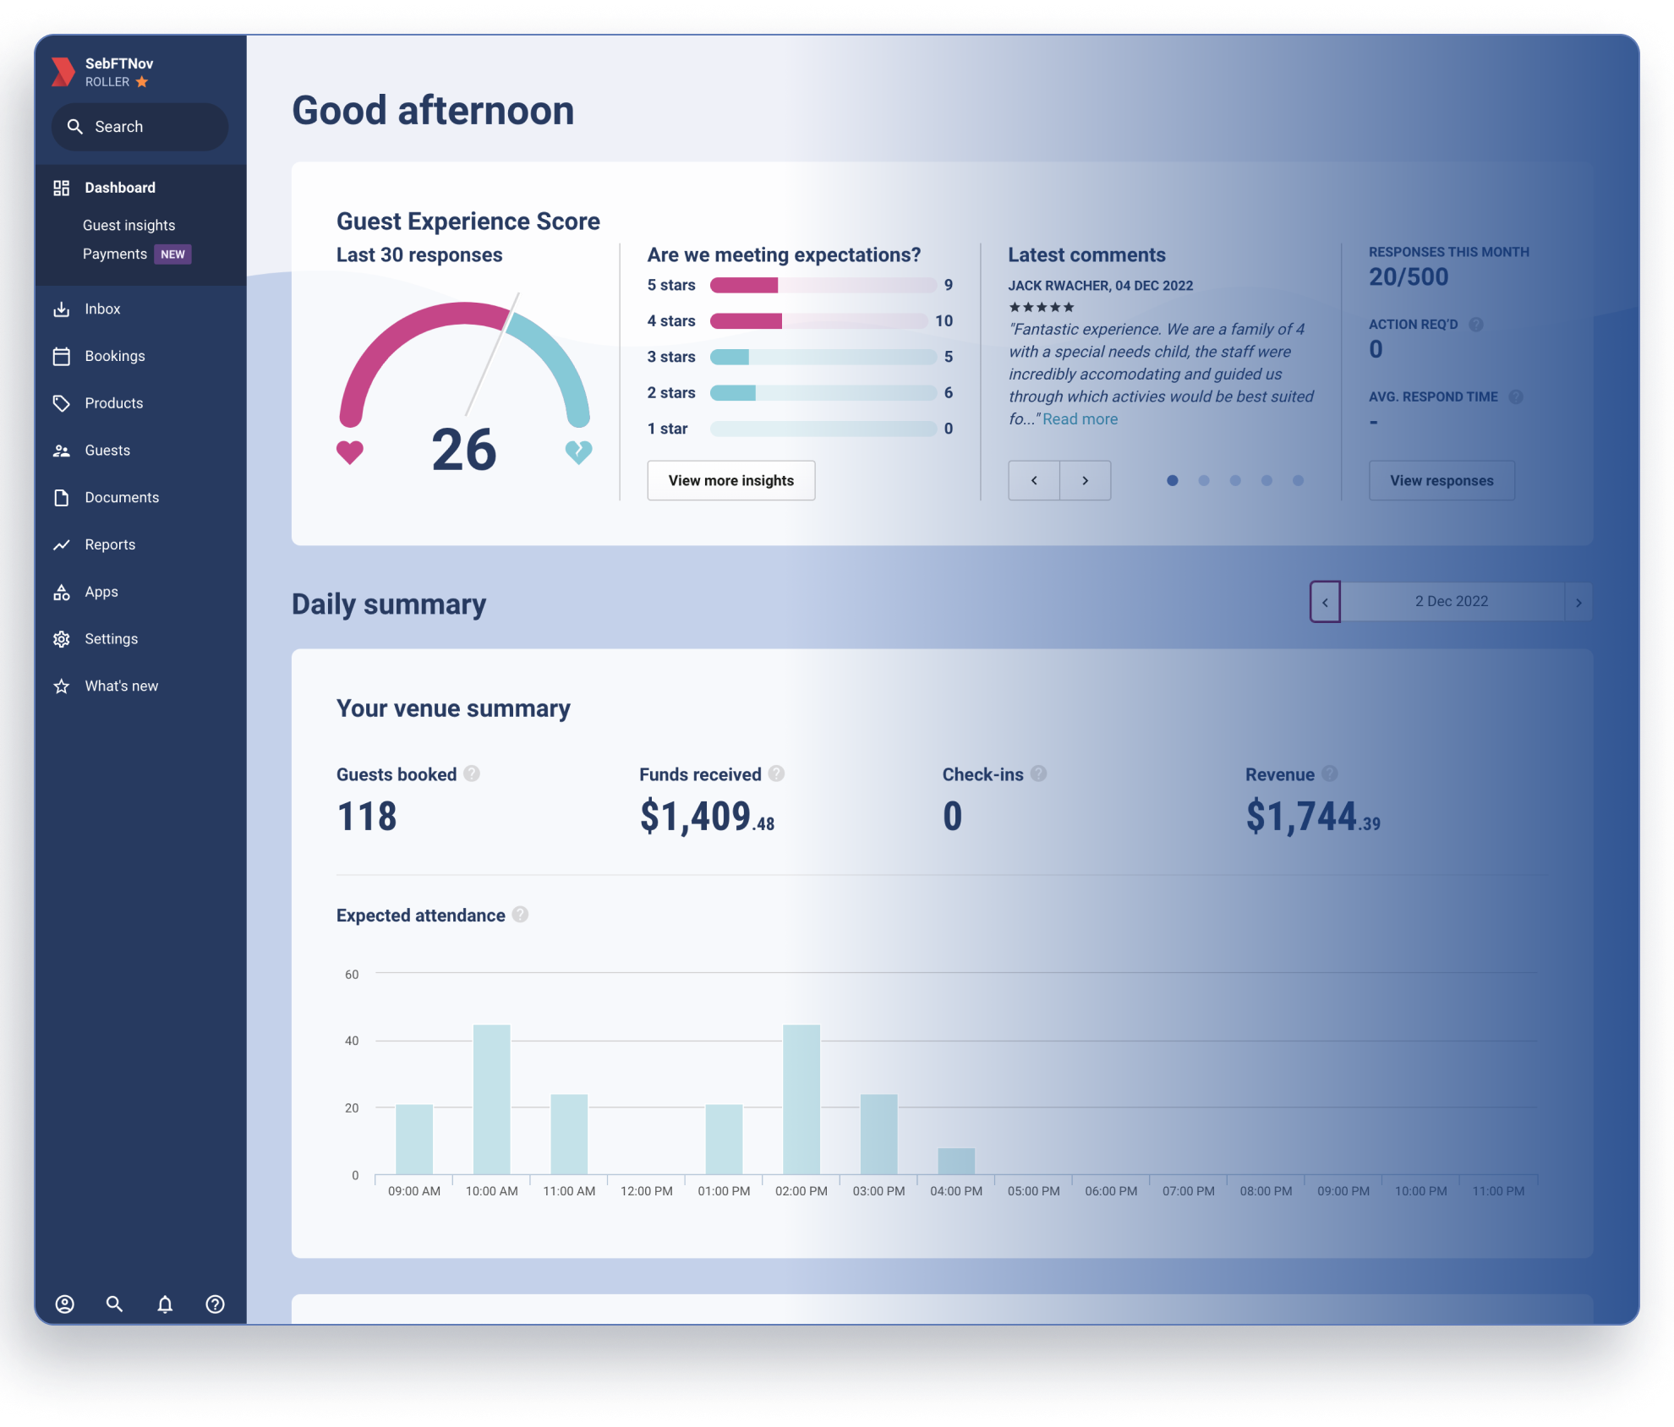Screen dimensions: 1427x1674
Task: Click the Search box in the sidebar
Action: click(x=139, y=127)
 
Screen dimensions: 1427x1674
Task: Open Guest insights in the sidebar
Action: click(x=129, y=225)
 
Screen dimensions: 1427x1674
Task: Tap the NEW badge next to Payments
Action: click(x=172, y=254)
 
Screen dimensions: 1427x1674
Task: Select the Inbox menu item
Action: click(x=102, y=309)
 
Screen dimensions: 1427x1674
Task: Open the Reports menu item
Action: click(x=110, y=544)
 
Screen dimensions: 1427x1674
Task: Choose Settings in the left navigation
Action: click(x=111, y=639)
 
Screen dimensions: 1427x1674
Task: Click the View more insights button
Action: click(x=730, y=480)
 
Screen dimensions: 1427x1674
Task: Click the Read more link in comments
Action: click(x=1080, y=419)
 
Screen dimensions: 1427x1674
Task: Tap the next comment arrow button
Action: click(x=1085, y=480)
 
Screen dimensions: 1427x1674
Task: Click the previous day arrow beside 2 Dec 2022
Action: click(x=1325, y=602)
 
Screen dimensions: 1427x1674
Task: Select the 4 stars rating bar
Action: click(x=818, y=321)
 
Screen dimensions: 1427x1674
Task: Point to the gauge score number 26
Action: click(x=463, y=450)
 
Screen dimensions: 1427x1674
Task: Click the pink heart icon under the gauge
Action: click(x=349, y=452)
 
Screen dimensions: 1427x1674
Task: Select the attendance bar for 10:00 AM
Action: click(x=491, y=1099)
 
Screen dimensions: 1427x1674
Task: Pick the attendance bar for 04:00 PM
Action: click(x=956, y=1161)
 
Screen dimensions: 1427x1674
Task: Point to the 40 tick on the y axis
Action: click(x=352, y=1041)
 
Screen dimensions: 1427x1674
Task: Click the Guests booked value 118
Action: click(x=366, y=817)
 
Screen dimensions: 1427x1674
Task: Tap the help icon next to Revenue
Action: click(x=1329, y=774)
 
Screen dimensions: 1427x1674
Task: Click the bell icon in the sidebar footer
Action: click(x=165, y=1304)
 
